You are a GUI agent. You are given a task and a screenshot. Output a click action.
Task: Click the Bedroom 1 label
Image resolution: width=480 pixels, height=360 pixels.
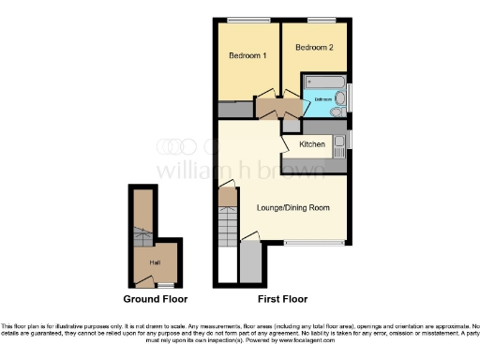click(x=247, y=55)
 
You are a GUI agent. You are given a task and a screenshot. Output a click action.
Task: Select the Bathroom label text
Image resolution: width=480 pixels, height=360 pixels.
click(x=322, y=97)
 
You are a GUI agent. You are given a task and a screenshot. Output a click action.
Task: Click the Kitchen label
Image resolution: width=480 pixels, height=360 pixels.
click(x=312, y=144)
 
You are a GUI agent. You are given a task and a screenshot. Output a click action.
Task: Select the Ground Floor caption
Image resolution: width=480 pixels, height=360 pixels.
click(x=155, y=299)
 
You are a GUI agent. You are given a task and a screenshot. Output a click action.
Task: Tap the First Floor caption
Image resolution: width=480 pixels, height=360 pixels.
click(x=282, y=299)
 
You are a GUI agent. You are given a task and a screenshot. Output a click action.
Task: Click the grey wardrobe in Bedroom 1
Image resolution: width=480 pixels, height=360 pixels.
click(x=234, y=111)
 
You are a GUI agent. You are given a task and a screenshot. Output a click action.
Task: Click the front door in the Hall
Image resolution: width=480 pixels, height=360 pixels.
click(x=143, y=278)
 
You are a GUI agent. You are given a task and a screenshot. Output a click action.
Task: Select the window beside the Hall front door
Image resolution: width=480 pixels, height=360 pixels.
click(x=166, y=284)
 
